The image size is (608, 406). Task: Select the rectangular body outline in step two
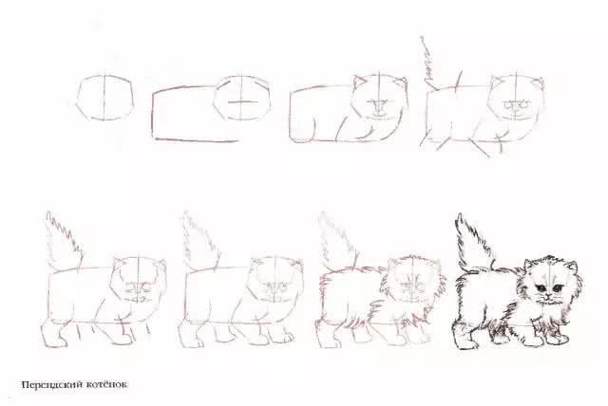185,114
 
